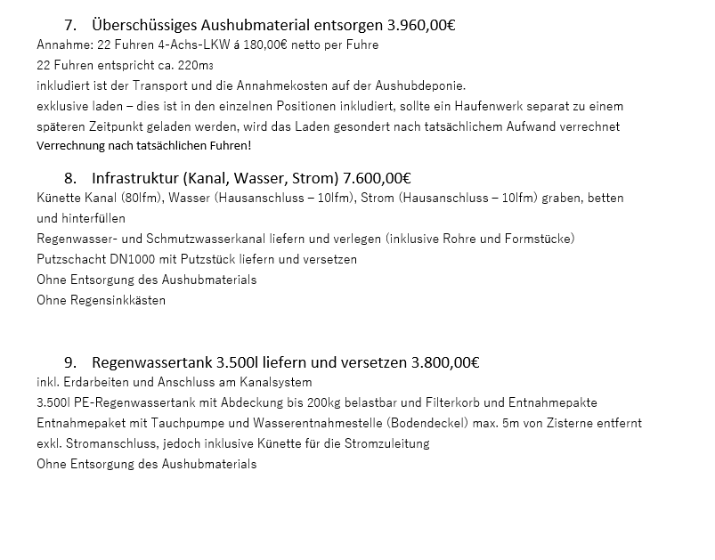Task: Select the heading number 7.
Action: [70, 24]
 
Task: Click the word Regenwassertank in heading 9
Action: [147, 362]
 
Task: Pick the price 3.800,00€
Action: [444, 362]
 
